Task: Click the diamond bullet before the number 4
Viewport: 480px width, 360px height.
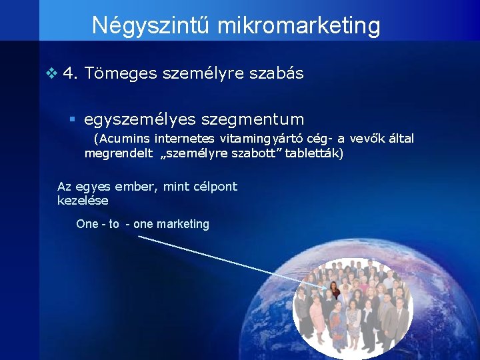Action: [x=52, y=73]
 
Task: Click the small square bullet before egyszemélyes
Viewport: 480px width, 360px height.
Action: [x=73, y=119]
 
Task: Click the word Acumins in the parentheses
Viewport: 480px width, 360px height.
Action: [x=123, y=139]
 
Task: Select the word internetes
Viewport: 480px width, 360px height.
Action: [x=185, y=139]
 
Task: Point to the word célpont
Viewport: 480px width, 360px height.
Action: [x=215, y=187]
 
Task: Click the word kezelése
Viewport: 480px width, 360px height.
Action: [x=83, y=200]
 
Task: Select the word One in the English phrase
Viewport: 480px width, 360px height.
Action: [x=87, y=224]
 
